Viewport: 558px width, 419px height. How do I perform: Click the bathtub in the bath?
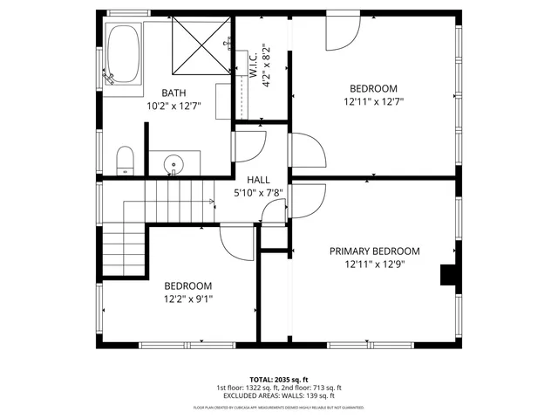124,55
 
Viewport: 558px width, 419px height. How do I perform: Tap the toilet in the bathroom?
125,160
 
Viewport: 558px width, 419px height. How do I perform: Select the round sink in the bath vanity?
174,163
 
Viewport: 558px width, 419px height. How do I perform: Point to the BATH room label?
173,93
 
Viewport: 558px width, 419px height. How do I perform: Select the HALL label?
259,178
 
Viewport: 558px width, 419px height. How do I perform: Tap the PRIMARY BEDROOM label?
374,251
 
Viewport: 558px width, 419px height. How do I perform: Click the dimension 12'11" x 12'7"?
374,101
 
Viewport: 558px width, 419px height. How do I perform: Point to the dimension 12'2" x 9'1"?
187,299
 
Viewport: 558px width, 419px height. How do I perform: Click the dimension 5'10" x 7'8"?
259,192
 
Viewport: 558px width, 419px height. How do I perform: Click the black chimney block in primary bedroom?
449,274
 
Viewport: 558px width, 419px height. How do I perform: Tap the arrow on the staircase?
210,203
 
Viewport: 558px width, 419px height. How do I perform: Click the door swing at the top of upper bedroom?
342,33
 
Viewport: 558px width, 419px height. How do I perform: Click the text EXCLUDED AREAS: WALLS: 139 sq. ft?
278,395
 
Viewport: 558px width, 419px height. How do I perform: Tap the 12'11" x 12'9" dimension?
374,264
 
